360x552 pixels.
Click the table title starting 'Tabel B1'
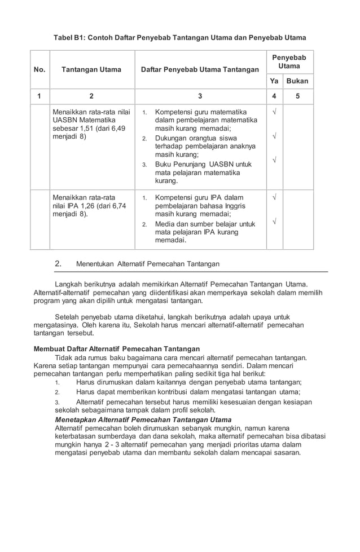tap(179, 38)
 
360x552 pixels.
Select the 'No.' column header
tap(39, 70)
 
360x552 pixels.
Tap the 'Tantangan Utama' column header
tap(91, 70)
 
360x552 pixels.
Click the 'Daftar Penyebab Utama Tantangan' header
tap(200, 70)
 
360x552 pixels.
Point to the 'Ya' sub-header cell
tap(274, 81)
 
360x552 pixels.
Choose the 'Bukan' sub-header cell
tap(297, 81)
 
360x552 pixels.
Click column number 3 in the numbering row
tap(200, 96)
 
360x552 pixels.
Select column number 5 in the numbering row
tap(297, 96)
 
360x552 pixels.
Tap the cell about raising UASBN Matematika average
tap(91, 125)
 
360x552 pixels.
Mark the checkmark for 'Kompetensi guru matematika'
tap(274, 112)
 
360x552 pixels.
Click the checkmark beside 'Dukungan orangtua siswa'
tap(274, 136)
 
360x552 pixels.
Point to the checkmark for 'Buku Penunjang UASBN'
tap(274, 161)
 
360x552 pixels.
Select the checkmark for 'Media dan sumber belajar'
tap(274, 222)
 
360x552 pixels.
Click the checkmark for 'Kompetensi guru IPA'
tap(274, 198)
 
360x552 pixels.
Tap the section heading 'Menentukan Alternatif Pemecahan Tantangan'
tap(148, 264)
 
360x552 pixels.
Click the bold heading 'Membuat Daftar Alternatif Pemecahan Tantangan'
tap(117, 348)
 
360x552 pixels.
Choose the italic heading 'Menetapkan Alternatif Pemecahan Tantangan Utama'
tap(143, 420)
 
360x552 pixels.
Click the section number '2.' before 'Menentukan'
tap(58, 264)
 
